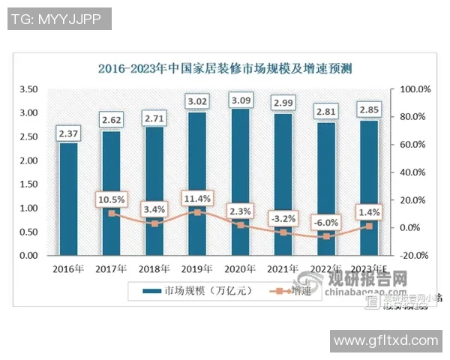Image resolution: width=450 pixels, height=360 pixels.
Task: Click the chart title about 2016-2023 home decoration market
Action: pos(225,69)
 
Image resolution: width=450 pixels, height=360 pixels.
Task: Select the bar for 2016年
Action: pos(68,199)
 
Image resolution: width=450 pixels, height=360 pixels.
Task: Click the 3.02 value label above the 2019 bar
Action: pos(197,100)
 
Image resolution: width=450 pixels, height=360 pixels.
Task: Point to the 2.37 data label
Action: pos(68,133)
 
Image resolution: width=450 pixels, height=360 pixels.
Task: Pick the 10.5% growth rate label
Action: pos(111,199)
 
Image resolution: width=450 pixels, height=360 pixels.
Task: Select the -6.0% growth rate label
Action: pos(326,222)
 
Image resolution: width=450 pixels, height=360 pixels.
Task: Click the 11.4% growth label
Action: pos(197,198)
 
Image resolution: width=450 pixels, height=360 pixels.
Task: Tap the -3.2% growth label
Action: pos(283,218)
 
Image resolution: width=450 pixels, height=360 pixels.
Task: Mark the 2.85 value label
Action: pos(369,109)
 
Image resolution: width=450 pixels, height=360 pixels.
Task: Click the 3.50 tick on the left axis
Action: pos(28,89)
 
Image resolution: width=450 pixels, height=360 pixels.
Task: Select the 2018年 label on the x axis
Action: pos(154,268)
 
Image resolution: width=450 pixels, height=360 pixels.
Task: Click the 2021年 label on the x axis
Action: pos(283,268)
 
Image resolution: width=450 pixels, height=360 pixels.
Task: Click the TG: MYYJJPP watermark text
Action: pos(60,19)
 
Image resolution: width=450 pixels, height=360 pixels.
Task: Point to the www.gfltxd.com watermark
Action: pos(385,340)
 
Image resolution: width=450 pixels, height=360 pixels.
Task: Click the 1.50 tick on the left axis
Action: pos(28,184)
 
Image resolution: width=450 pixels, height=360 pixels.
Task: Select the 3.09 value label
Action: pos(241,99)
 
